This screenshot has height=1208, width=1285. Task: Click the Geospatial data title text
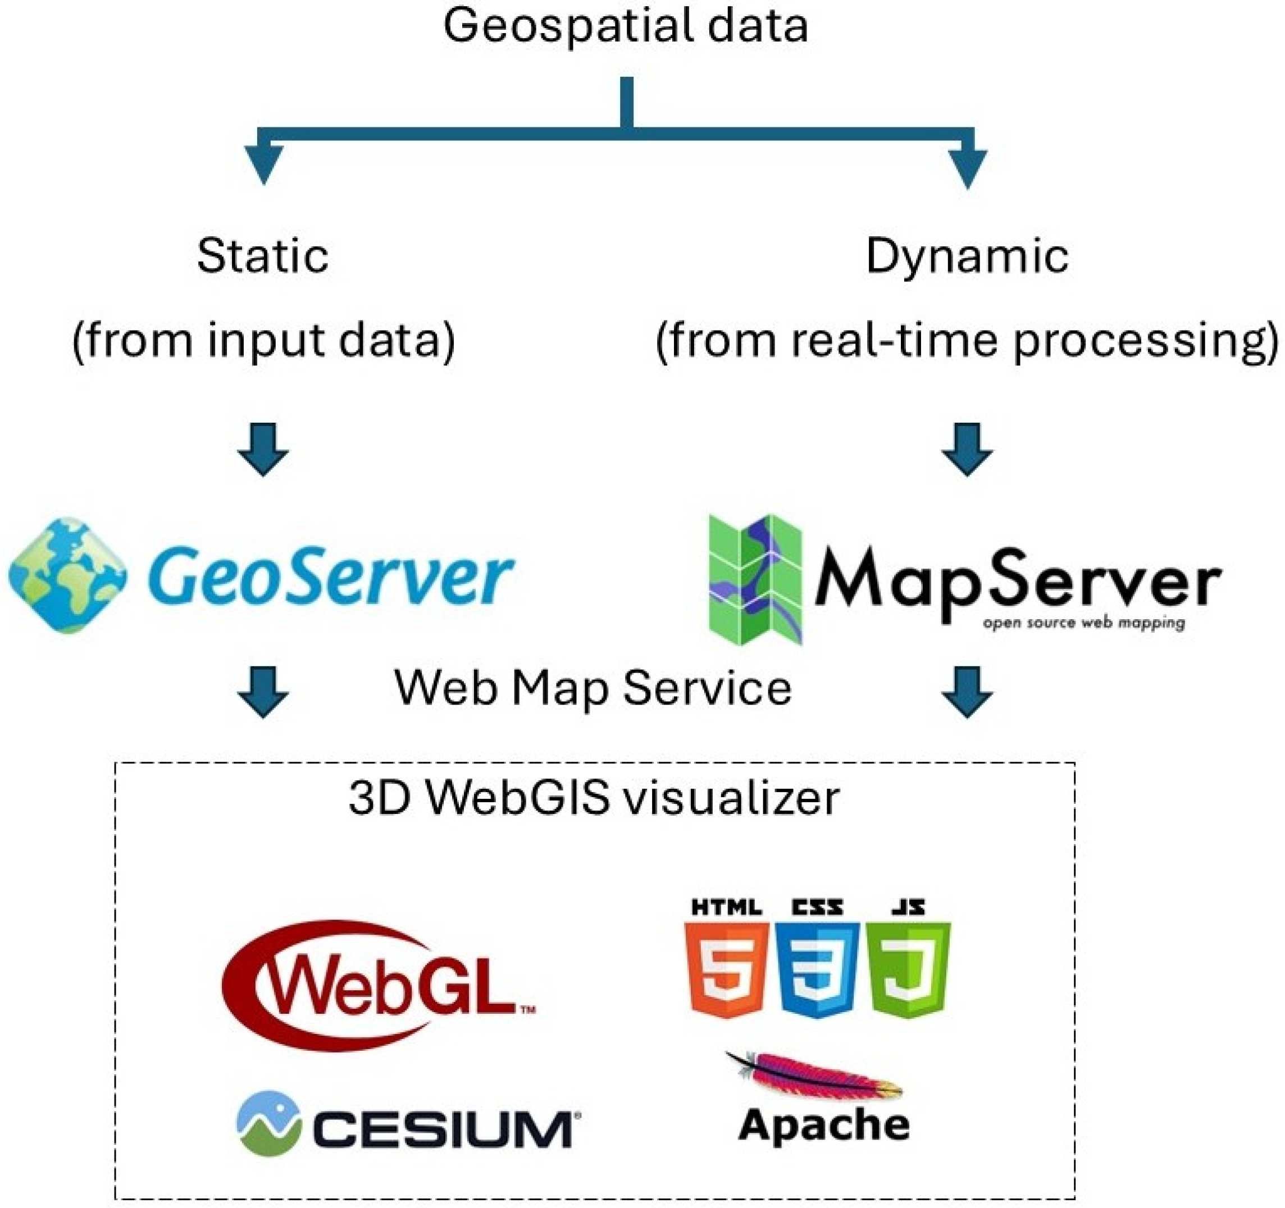[625, 27]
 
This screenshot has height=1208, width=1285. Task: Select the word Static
[262, 257]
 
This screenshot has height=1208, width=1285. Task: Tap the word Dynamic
[967, 257]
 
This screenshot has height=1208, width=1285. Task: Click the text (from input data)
[264, 340]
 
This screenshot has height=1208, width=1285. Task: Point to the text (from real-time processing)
[967, 340]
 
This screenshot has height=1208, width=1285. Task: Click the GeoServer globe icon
[68, 574]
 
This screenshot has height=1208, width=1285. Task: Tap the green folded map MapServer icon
[755, 579]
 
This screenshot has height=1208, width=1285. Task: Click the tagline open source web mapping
[1083, 624]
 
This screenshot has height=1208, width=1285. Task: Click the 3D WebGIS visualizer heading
[594, 798]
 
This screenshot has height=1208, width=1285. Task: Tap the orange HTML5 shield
[727, 969]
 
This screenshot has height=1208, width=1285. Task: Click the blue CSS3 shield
[817, 969]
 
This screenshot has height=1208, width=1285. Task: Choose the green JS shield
[908, 969]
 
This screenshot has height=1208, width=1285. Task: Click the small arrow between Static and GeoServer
[262, 450]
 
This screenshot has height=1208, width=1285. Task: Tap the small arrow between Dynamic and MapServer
[967, 450]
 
